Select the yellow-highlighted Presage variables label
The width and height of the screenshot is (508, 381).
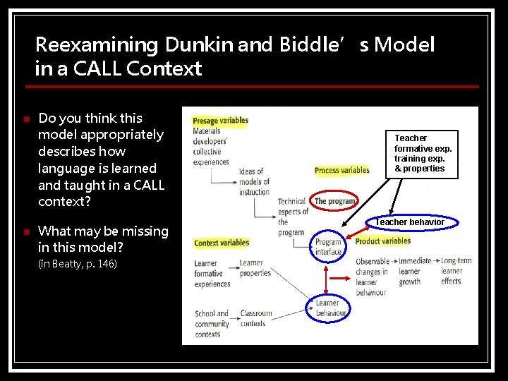pos(220,121)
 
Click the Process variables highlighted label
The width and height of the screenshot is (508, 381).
pos(342,170)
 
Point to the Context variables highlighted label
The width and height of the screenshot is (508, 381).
pos(222,243)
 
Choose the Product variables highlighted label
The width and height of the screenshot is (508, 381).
pos(383,241)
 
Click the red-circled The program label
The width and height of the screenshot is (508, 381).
pos(334,201)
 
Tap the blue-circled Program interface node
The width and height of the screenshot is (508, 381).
pos(328,247)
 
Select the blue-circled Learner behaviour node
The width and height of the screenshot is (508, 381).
pos(327,308)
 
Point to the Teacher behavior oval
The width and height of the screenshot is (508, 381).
pos(410,222)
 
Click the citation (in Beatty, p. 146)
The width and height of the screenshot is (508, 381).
pos(78,264)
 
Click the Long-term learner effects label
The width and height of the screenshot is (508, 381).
pos(456,271)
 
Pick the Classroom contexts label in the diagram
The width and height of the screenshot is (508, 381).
pos(255,318)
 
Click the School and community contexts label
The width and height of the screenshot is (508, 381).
pos(212,324)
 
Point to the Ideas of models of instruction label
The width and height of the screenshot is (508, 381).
pos(254,181)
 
